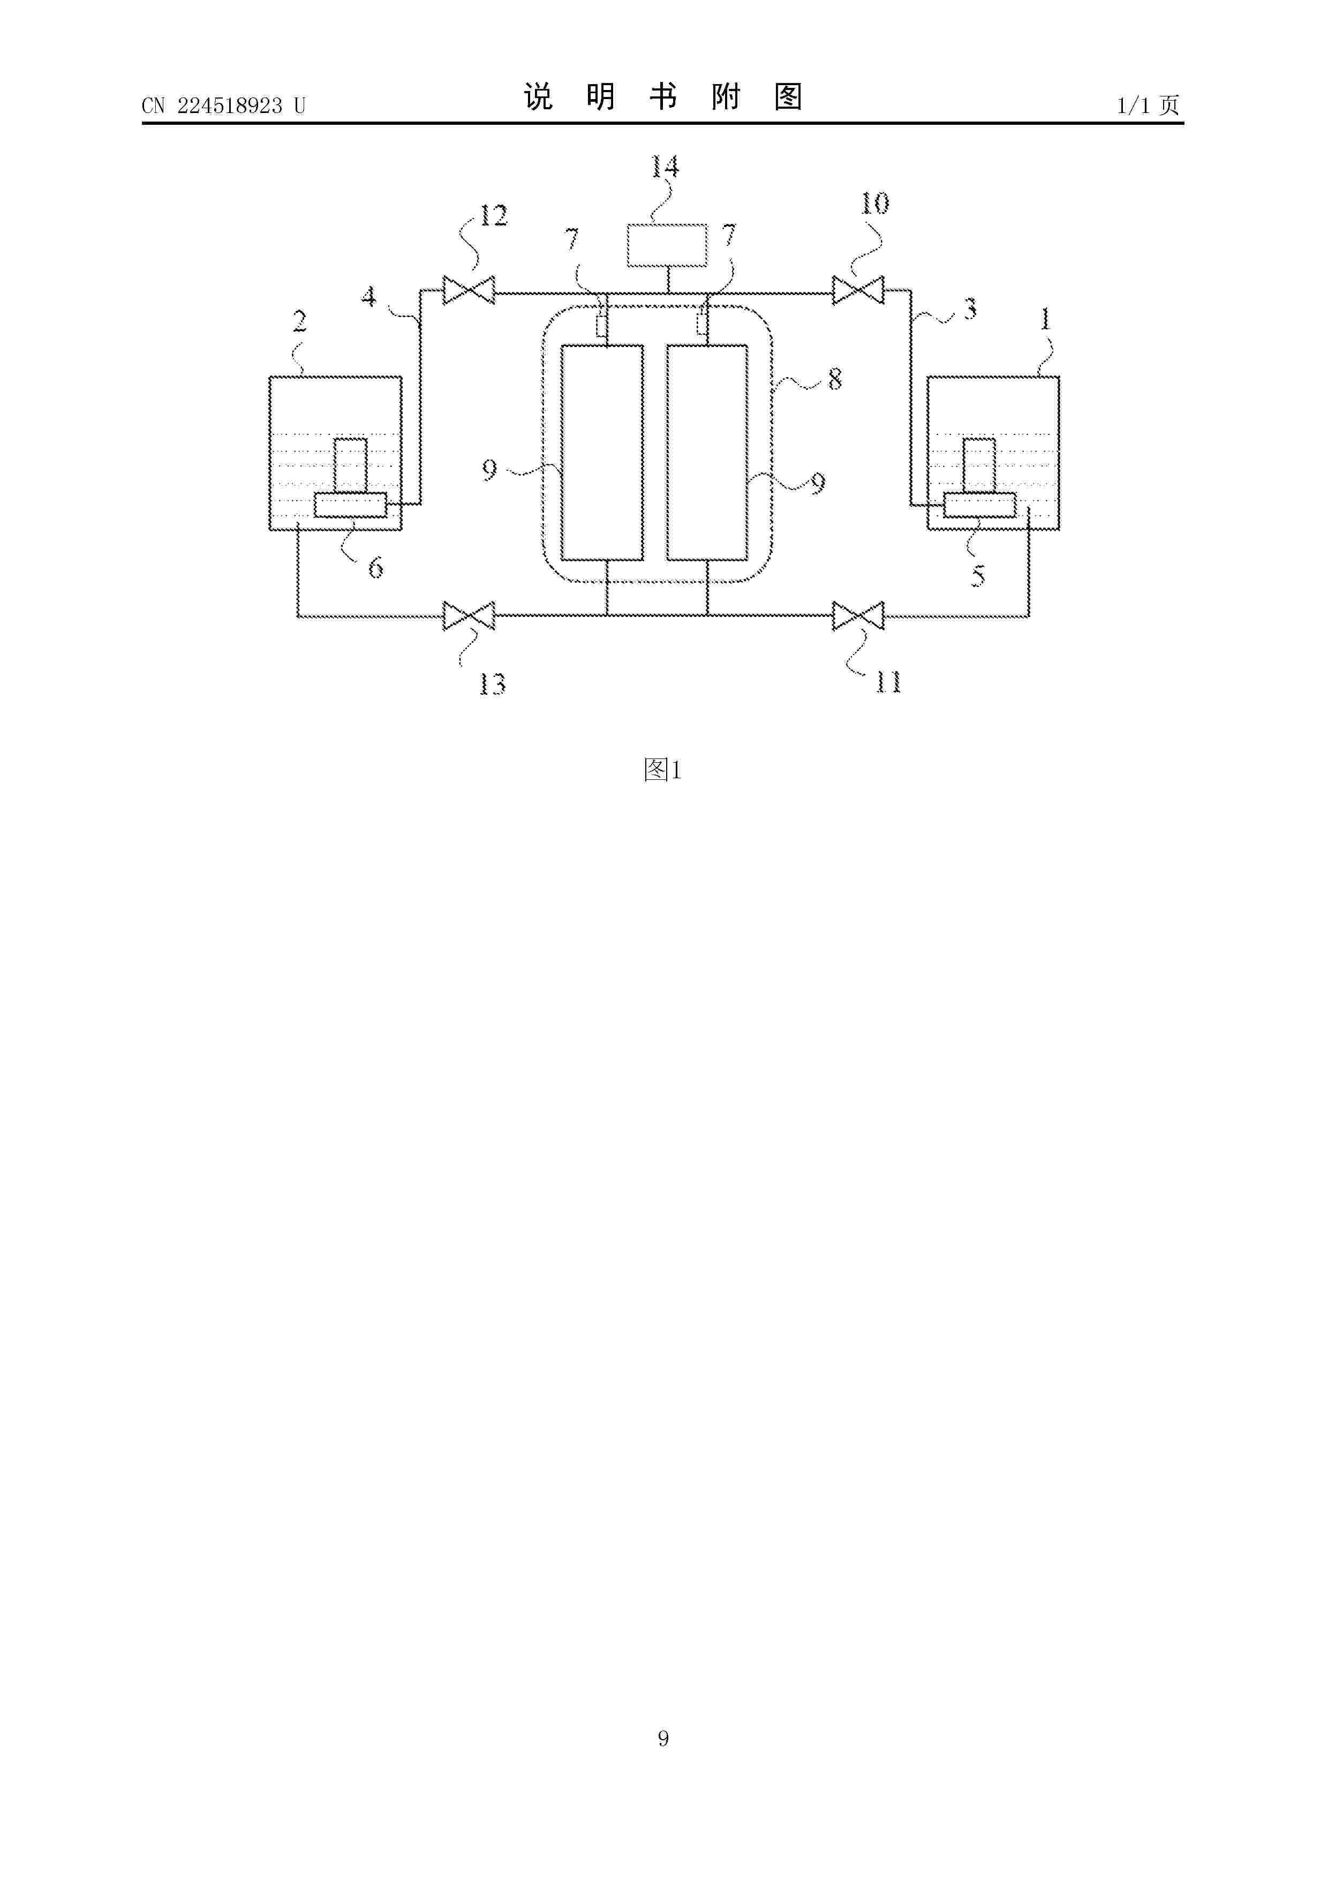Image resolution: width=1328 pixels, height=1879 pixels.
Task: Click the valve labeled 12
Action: coord(469,290)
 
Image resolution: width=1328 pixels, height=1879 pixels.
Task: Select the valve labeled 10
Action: coord(858,290)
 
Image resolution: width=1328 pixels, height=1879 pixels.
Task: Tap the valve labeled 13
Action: coord(469,615)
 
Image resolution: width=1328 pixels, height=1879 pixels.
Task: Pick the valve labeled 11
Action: coord(858,615)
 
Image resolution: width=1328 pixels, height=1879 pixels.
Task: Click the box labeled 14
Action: coord(667,245)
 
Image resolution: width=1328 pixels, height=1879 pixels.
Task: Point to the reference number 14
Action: coord(665,167)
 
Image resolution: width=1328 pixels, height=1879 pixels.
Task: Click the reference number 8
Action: coord(835,379)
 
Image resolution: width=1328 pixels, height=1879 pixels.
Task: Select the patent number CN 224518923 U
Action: coord(223,106)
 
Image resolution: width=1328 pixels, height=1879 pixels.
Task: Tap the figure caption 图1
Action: coord(663,769)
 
